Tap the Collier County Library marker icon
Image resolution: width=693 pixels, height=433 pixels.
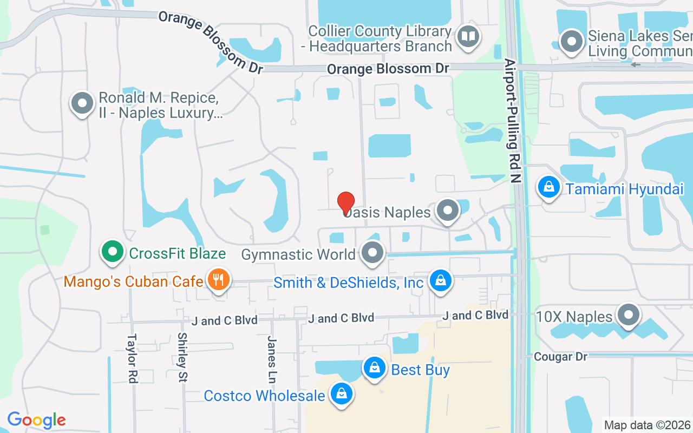(x=467, y=37)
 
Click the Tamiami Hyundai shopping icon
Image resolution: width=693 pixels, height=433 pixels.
(x=549, y=187)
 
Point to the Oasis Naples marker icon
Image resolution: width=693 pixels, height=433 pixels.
(x=447, y=211)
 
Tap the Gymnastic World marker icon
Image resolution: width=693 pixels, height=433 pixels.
(x=372, y=253)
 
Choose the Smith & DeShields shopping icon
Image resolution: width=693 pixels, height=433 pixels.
(x=441, y=280)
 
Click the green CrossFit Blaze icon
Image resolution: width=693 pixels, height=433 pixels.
(x=112, y=252)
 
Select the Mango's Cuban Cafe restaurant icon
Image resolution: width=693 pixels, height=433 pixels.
(x=218, y=280)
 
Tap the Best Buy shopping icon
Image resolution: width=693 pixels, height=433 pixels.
(x=374, y=368)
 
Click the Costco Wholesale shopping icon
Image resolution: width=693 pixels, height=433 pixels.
(x=342, y=394)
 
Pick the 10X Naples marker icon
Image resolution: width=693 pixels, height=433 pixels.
(x=629, y=315)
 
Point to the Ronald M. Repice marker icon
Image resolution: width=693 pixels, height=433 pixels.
(x=83, y=102)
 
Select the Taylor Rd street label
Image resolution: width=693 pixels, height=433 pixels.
(x=132, y=358)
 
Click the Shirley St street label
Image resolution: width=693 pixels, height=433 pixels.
(x=182, y=357)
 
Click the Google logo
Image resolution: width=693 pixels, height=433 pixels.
(x=36, y=420)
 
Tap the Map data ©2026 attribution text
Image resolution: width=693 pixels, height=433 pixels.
(x=647, y=425)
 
